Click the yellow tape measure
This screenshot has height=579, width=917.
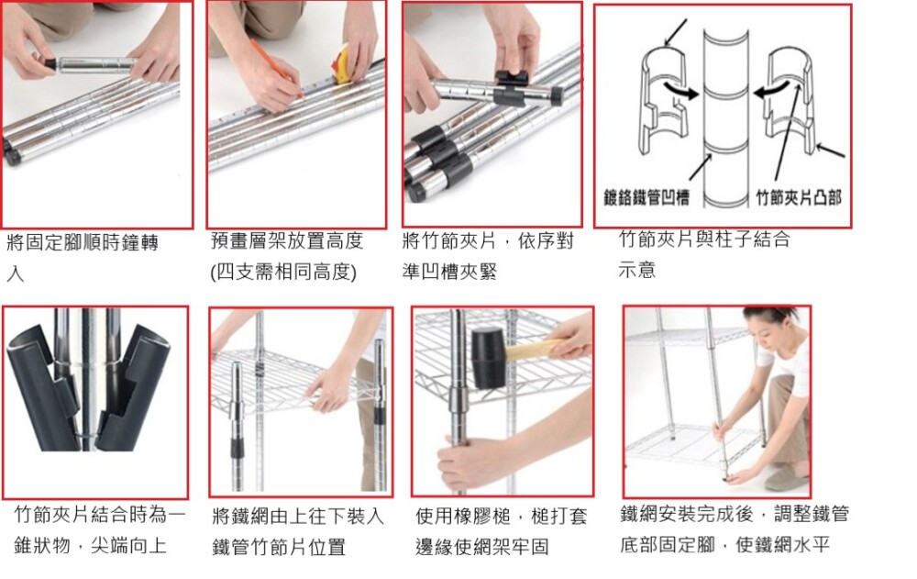click(x=343, y=64)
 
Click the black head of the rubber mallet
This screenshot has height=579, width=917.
click(x=488, y=358)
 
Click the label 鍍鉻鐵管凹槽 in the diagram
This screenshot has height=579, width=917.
click(x=646, y=197)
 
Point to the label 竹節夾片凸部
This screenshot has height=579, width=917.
click(x=799, y=197)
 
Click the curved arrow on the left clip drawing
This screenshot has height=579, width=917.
click(x=680, y=90)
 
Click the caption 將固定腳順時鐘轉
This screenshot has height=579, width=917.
click(x=83, y=242)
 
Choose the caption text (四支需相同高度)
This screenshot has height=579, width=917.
click(x=283, y=272)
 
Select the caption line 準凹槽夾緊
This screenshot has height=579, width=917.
click(x=449, y=272)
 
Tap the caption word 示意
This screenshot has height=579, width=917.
click(x=637, y=270)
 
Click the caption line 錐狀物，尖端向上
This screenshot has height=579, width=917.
click(x=90, y=546)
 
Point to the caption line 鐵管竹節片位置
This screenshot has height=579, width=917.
click(x=279, y=548)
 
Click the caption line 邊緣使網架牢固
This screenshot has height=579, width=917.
click(x=482, y=546)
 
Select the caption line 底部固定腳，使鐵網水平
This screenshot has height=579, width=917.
click(x=725, y=544)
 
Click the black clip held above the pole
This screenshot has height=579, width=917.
click(x=512, y=77)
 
